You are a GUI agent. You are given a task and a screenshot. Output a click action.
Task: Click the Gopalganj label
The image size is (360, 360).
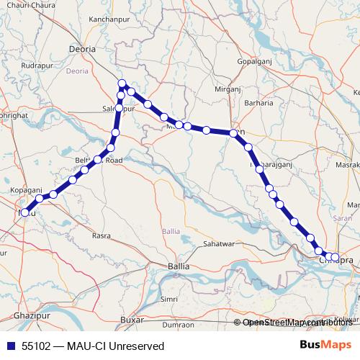click(x=254, y=63)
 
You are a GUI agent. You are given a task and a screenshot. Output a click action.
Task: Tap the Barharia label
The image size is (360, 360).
click(x=258, y=103)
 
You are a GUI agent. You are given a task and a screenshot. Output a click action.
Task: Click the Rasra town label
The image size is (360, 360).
click(x=101, y=235)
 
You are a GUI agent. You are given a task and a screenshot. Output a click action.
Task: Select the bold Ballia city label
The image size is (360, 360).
click(x=178, y=266)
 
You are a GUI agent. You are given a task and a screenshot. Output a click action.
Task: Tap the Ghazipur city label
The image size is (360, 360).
click(x=31, y=318)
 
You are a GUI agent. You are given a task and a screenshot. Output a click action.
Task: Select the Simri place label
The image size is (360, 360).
click(x=169, y=298)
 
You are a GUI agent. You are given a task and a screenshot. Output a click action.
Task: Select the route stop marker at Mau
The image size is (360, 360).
click(x=25, y=212)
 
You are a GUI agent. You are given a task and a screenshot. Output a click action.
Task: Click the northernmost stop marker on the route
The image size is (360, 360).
click(x=122, y=84)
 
